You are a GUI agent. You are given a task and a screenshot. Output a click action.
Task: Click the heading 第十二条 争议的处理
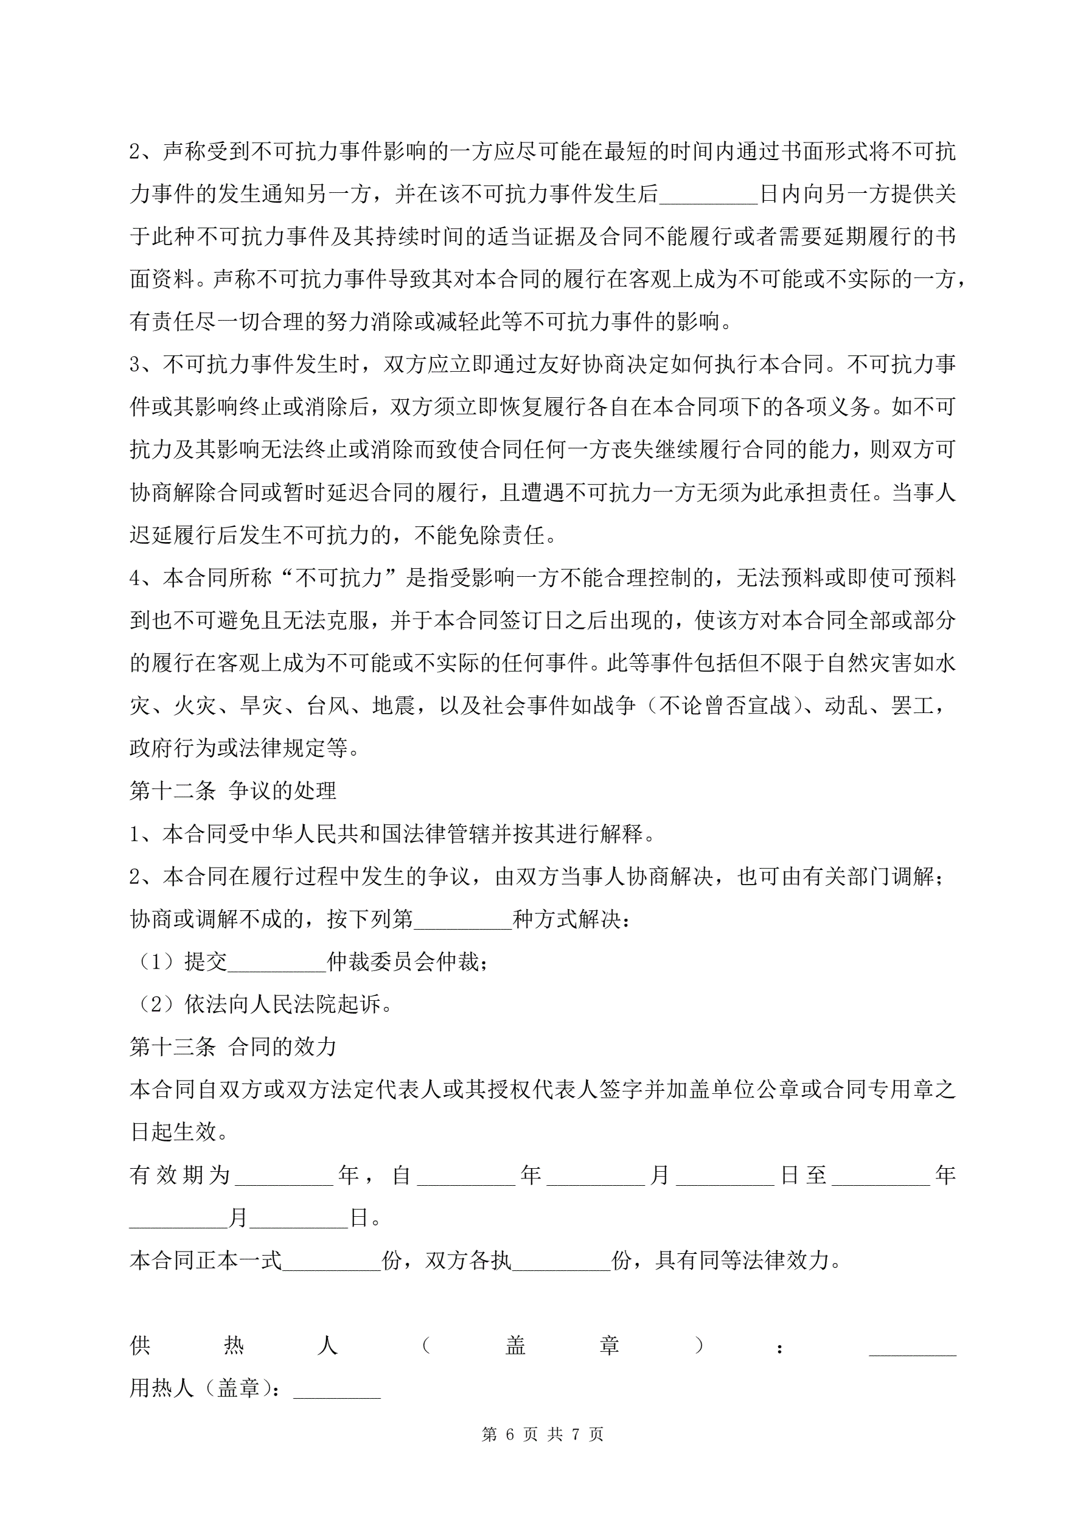coord(232,790)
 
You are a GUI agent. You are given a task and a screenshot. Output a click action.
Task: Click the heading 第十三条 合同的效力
coord(232,1046)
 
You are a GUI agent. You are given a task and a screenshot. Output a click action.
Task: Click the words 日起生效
coord(173,1131)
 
